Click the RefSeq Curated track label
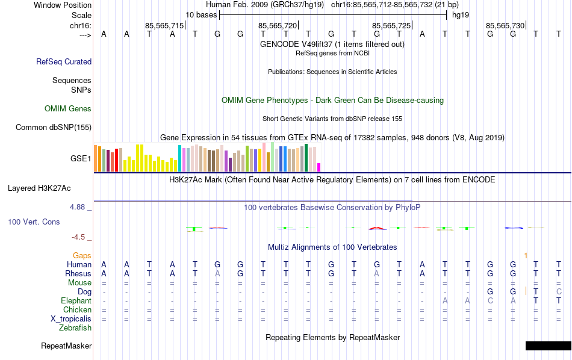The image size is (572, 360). point(64,61)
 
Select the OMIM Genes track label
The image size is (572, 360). point(68,109)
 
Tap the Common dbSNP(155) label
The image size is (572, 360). point(54,127)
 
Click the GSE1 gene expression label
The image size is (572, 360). point(81,159)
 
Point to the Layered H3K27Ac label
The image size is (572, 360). point(49,188)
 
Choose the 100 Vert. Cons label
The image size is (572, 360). point(34,222)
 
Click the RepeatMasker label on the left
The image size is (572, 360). point(66,346)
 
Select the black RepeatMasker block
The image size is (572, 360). point(548,346)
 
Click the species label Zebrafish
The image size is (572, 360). point(75,328)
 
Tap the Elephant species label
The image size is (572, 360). point(76,301)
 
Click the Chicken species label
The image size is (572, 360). point(77,310)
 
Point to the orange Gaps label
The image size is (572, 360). point(82,256)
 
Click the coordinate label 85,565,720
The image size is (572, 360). point(278,25)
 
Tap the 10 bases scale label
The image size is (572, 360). point(201,14)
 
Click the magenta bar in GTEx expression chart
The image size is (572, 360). point(319,167)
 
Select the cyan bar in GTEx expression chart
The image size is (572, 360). point(179,158)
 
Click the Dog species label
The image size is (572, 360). point(84,292)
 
